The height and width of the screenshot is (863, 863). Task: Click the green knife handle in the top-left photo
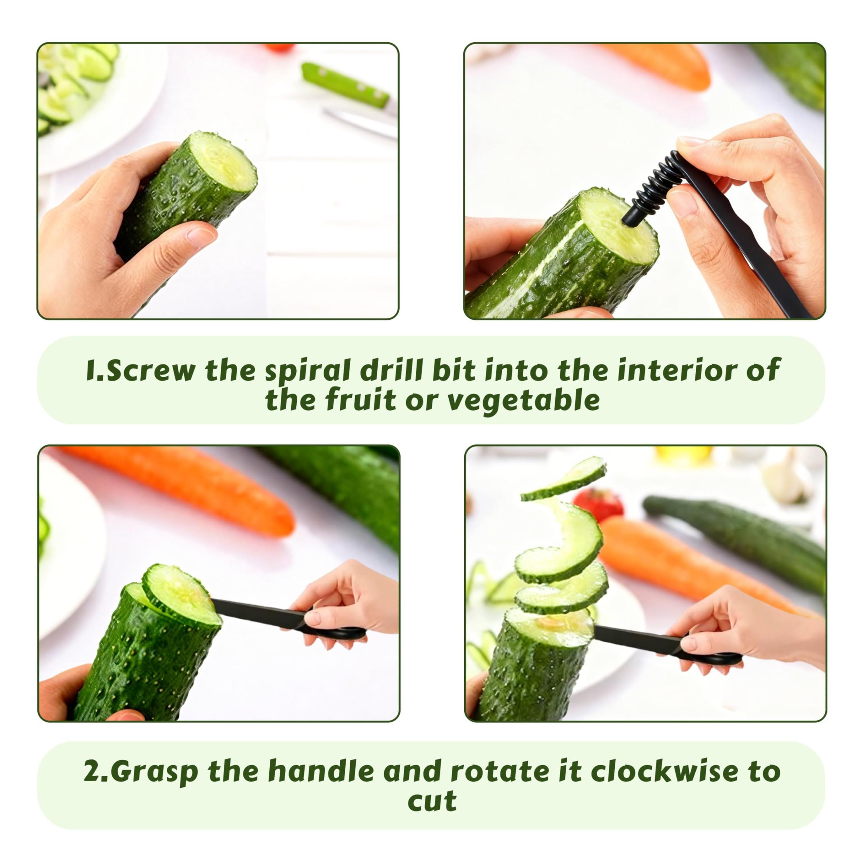pyautogui.click(x=344, y=85)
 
